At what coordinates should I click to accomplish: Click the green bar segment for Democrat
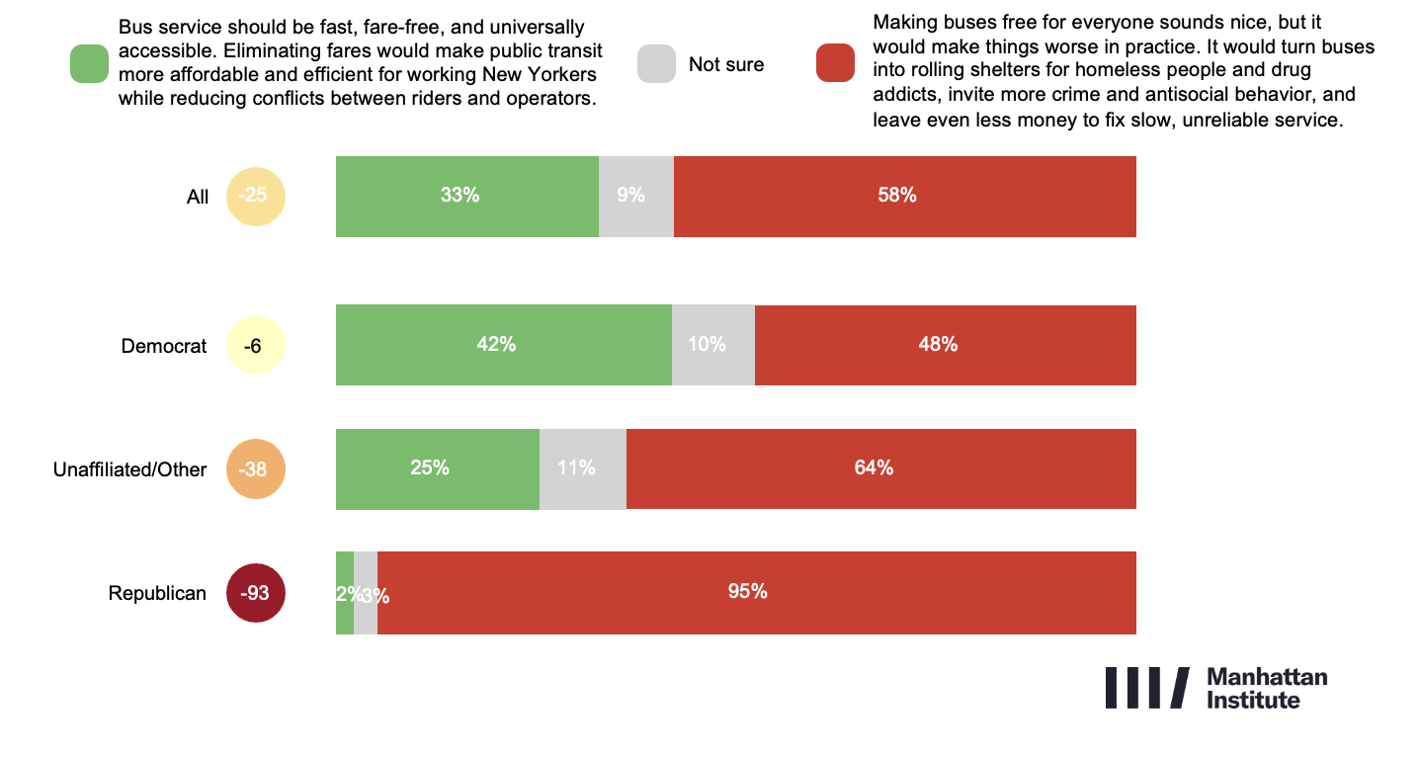click(x=503, y=345)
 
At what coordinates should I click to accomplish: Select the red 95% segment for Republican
click(x=756, y=592)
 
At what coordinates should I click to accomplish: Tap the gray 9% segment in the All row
click(x=635, y=196)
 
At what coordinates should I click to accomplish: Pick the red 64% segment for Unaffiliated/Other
click(x=880, y=468)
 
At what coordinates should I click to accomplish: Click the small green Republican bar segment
click(x=344, y=592)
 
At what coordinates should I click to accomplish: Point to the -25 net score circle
click(x=256, y=196)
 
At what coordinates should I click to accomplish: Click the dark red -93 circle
click(x=256, y=593)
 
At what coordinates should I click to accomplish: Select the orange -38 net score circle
click(x=256, y=468)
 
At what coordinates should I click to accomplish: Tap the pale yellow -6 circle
click(x=256, y=346)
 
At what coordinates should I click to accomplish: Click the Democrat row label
click(x=164, y=346)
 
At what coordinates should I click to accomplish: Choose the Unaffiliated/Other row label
click(x=129, y=469)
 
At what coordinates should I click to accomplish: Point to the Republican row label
click(x=157, y=593)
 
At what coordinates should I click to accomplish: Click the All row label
click(x=198, y=197)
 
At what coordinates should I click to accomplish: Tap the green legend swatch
click(x=89, y=63)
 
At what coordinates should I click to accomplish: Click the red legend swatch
click(x=835, y=63)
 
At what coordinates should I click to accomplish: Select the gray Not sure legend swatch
click(x=657, y=63)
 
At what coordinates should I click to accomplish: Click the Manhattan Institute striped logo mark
click(x=1146, y=688)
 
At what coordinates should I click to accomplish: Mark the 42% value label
click(x=496, y=345)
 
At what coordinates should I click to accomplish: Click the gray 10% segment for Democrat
click(x=712, y=345)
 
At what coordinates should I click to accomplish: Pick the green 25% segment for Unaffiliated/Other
click(x=437, y=468)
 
